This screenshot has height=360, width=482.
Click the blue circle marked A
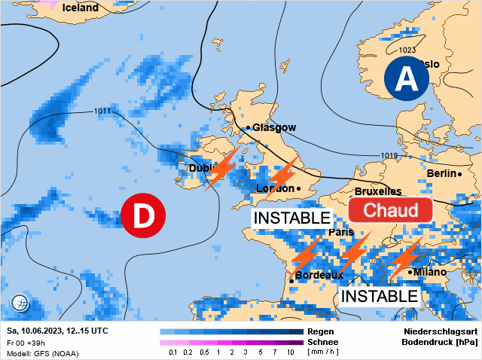tap(406, 79)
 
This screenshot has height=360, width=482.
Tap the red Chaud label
tap(390, 210)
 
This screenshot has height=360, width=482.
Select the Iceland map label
tap(79, 8)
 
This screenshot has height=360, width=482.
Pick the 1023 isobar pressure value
tap(406, 50)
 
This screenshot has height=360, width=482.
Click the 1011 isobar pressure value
tap(103, 111)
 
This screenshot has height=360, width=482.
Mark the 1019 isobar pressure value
tap(389, 156)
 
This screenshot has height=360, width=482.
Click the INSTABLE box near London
tap(291, 218)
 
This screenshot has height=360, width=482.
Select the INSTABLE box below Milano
tap(379, 296)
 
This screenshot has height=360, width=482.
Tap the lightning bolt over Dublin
tap(221, 168)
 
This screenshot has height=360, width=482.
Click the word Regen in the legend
tap(320, 331)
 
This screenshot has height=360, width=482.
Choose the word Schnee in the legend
tap(323, 342)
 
